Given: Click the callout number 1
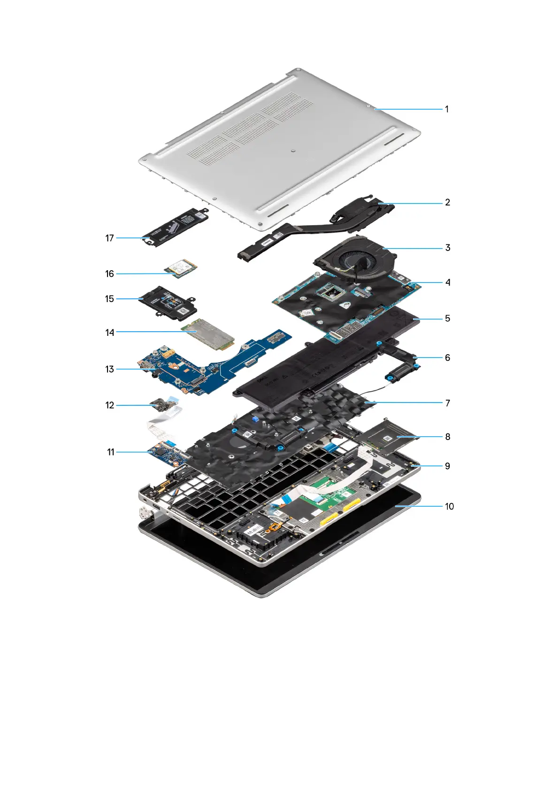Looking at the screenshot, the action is tap(447, 109).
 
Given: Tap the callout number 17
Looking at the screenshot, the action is tap(109, 238).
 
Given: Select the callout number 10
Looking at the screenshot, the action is tap(449, 507).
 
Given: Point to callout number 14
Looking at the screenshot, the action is tap(109, 333).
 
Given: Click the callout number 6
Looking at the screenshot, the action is tap(447, 358).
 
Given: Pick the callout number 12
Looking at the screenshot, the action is tap(109, 405).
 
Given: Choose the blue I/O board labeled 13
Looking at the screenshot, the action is tap(188, 371).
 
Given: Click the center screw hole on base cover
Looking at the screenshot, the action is tap(292, 151).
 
